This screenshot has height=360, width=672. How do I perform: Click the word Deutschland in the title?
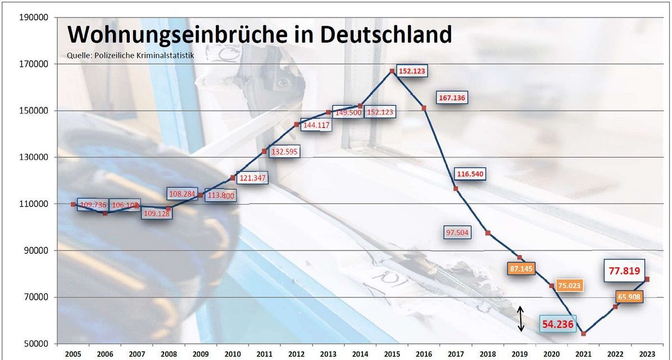pyautogui.click(x=386, y=35)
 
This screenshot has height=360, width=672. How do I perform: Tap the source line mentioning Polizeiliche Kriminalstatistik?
pyautogui.click(x=130, y=55)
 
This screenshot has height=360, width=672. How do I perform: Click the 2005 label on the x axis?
pyautogui.click(x=73, y=354)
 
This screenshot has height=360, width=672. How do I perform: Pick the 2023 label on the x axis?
pyautogui.click(x=647, y=354)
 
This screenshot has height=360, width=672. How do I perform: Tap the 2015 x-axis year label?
pyautogui.click(x=392, y=354)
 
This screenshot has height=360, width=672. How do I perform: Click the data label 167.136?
pyautogui.click(x=452, y=98)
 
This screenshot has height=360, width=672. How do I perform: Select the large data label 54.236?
pyautogui.click(x=558, y=324)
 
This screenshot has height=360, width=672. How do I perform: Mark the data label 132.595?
pyautogui.click(x=285, y=152)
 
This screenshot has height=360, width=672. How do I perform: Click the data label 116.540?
pyautogui.click(x=469, y=174)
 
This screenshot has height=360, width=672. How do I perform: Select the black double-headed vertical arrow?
pyautogui.click(x=521, y=318)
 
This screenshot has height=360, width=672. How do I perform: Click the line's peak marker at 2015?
pyautogui.click(x=392, y=71)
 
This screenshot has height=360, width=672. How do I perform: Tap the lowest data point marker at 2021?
pyautogui.click(x=584, y=334)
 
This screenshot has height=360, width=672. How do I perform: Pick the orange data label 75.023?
pyautogui.click(x=569, y=285)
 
